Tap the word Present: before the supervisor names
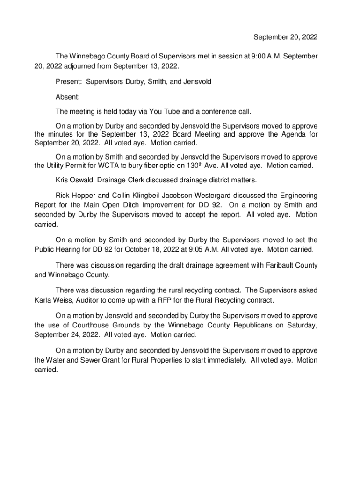69,82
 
